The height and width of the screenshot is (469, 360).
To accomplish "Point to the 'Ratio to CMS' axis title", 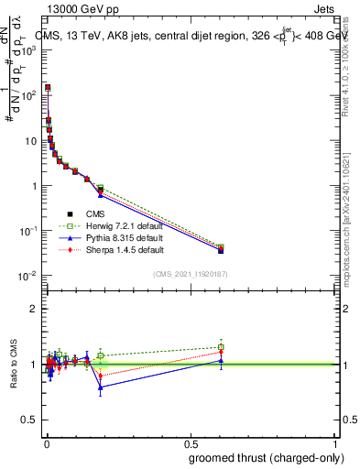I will pos(12,365).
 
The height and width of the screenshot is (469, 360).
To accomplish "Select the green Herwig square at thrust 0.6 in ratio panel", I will pos(221,347).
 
